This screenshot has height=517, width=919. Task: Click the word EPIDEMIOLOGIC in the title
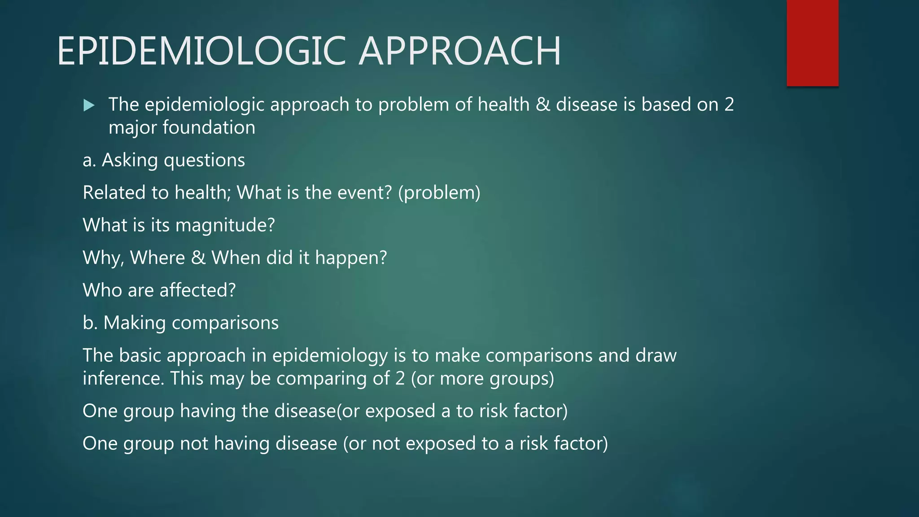(x=204, y=51)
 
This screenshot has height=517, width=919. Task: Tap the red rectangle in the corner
(x=812, y=43)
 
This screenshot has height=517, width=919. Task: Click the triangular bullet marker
(x=89, y=105)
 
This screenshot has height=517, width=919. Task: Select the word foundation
(x=209, y=127)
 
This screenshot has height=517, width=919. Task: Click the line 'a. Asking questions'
(x=164, y=160)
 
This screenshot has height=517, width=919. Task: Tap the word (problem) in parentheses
(x=439, y=193)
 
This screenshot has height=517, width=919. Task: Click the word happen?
(x=351, y=258)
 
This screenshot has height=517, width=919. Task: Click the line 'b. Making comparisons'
(x=180, y=323)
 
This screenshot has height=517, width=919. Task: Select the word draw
(x=656, y=355)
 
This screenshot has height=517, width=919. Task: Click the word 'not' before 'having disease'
(x=194, y=443)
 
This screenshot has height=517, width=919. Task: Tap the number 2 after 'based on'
(x=729, y=105)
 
